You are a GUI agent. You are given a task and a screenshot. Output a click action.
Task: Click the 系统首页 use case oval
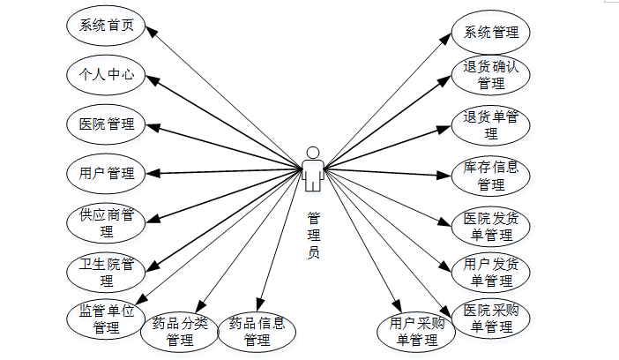(x=106, y=26)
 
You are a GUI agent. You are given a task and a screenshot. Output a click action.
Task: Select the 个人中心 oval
(x=106, y=75)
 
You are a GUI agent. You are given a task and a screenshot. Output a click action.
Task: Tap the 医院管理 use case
(x=106, y=124)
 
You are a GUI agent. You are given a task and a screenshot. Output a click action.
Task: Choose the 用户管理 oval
(x=106, y=174)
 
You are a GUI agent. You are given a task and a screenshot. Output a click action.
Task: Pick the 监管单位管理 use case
(x=106, y=319)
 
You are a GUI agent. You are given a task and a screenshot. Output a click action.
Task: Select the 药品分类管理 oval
(x=180, y=331)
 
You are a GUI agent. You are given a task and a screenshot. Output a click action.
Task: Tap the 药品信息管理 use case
(x=256, y=331)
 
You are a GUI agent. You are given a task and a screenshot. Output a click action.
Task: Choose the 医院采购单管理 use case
(x=491, y=319)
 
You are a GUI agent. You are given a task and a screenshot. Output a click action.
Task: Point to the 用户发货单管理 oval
(x=491, y=273)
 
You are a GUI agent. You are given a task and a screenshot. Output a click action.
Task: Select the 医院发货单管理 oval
(x=491, y=227)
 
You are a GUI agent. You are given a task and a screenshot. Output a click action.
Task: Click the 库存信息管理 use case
(x=491, y=176)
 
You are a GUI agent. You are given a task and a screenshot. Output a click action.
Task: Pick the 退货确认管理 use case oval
(x=491, y=75)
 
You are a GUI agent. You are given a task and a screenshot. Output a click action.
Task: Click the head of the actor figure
(x=312, y=151)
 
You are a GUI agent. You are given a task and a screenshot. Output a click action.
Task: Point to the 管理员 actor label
(x=313, y=234)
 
